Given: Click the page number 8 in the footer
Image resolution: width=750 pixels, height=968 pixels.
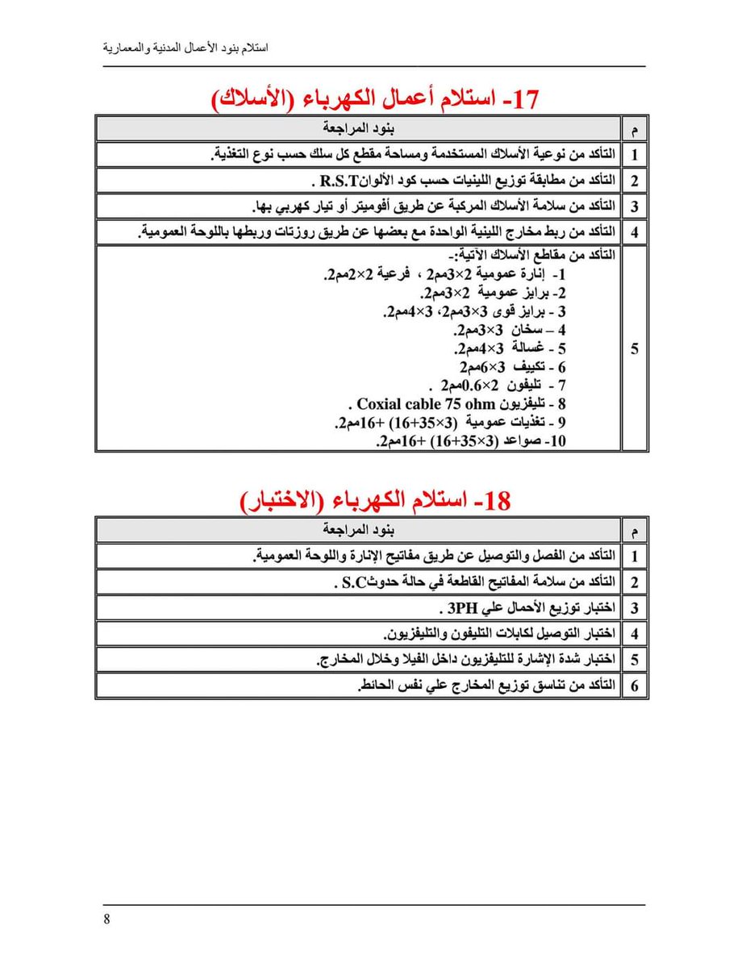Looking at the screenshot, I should pos(106,921).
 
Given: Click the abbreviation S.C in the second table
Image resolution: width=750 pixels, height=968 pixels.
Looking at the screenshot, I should pos(352,582).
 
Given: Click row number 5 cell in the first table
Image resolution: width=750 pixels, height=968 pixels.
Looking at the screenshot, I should pos(634,348).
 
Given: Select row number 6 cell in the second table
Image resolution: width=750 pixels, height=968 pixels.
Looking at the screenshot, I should pos(634,686).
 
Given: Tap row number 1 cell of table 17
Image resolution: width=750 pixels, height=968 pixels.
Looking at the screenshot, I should pos(634,154).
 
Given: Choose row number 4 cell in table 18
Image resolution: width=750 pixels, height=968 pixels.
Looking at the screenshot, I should pos(634,634).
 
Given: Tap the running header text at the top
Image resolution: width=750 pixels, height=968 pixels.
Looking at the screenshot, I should pos(186,48).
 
